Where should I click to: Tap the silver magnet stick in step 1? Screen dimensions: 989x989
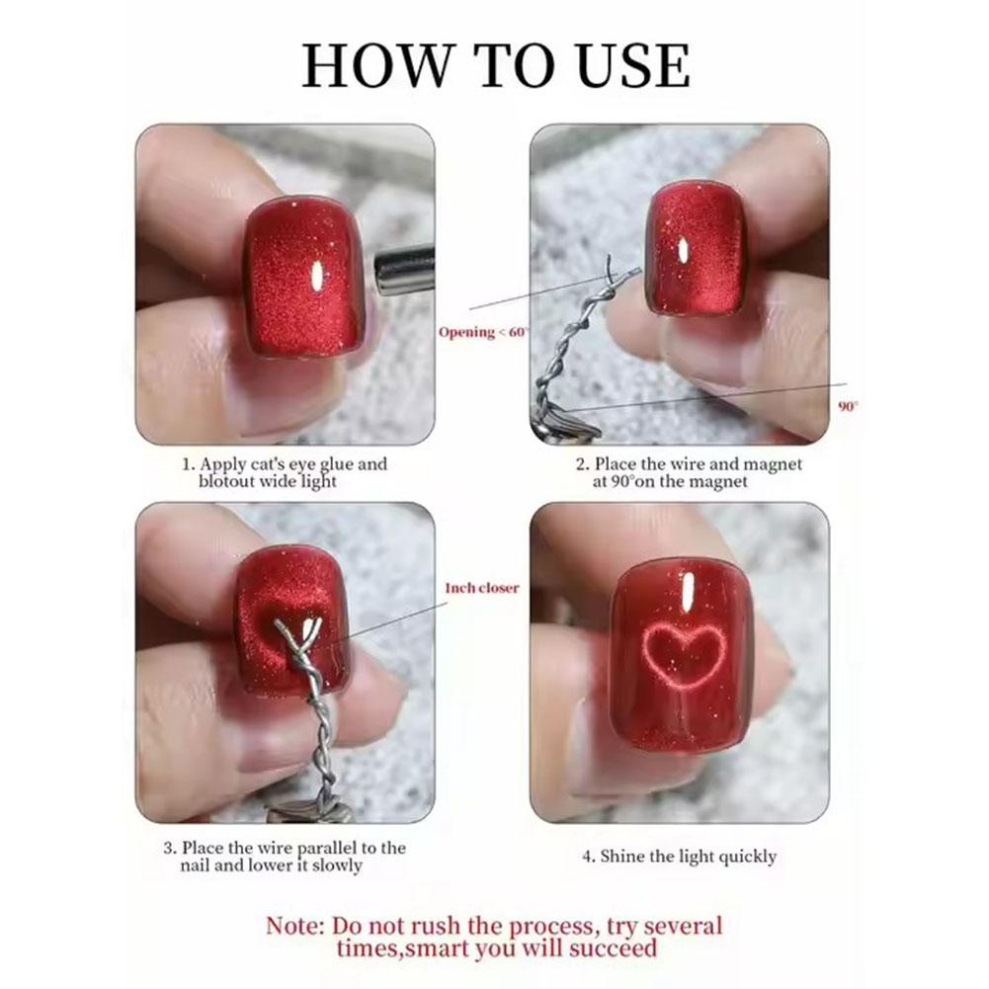coord(405,272)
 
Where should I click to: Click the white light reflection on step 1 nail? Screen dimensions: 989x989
coord(318,275)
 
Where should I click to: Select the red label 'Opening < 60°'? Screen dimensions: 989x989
coord(483,332)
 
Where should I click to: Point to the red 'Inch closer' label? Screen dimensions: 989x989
coord(482,588)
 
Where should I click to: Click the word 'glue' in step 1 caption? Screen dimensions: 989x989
coord(337,464)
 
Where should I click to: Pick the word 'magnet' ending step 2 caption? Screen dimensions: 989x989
coord(717,482)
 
